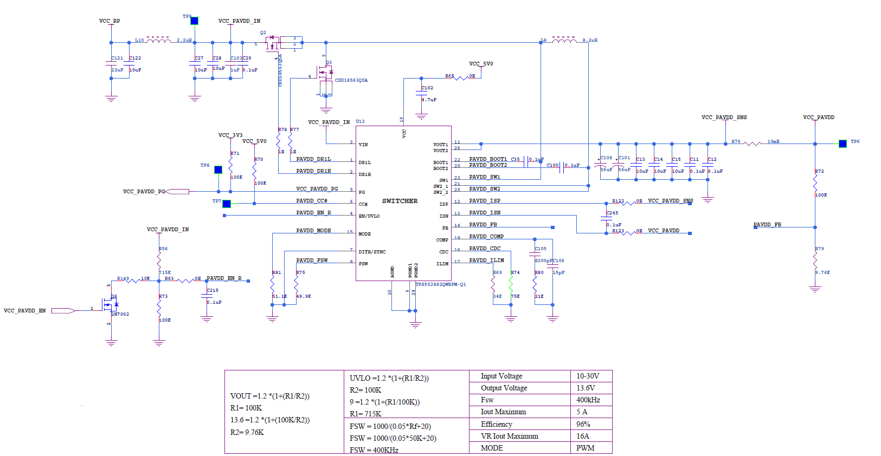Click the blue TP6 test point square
pos(843,144)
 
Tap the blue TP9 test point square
pos(194,21)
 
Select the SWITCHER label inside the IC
pos(400,201)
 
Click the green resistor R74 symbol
pos(511,285)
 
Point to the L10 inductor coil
pos(159,40)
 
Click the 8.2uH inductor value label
pos(590,40)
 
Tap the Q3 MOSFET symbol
pos(326,72)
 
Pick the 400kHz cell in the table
pos(588,400)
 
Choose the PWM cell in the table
pos(585,448)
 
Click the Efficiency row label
pos(496,424)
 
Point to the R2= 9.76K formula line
pos(247,432)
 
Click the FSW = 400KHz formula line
pos(374,450)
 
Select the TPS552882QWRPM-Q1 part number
pos(440,284)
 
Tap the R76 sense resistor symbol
pos(752,144)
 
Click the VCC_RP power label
pos(110,21)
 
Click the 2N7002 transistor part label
pos(120,314)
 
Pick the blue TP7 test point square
pos(227,204)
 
